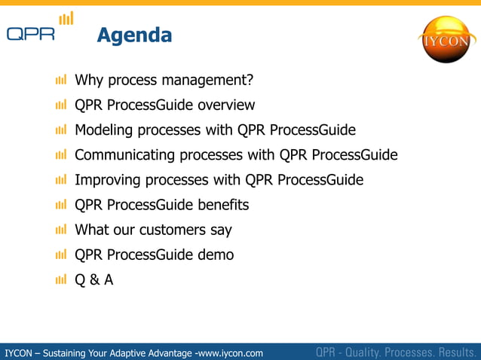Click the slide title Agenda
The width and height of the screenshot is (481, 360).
[x=134, y=35]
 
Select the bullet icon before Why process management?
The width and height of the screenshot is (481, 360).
[x=61, y=80]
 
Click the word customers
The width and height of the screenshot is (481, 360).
[x=173, y=230]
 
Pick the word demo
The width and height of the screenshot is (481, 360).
[x=216, y=255]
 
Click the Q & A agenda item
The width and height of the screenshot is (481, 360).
[x=94, y=280]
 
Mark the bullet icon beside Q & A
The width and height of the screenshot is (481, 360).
[x=61, y=280]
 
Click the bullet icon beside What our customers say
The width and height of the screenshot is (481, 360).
[x=61, y=230]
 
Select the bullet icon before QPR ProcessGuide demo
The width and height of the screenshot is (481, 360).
[x=61, y=255]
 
